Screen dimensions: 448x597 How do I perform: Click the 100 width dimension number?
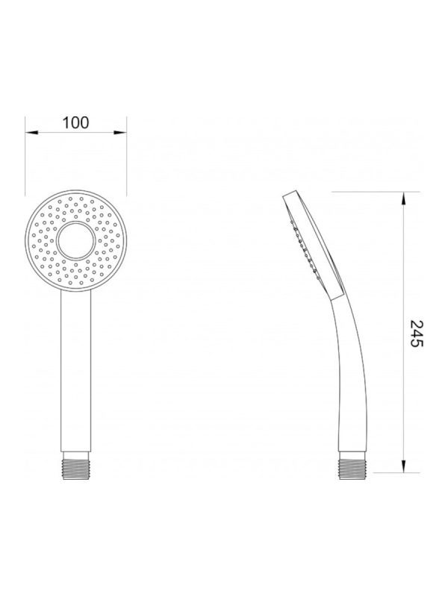click(x=75, y=122)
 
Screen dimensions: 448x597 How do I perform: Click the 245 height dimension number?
click(x=416, y=334)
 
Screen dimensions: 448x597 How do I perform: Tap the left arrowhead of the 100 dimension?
click(x=31, y=133)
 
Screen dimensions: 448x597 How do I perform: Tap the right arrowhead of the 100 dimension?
click(x=120, y=133)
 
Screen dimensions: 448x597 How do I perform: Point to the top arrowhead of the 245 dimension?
click(x=404, y=199)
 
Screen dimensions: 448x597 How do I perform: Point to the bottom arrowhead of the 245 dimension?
click(x=404, y=466)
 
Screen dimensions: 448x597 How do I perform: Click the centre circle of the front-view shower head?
click(x=76, y=240)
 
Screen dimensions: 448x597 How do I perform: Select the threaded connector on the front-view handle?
click(x=76, y=465)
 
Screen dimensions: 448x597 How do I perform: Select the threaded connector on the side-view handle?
click(x=352, y=465)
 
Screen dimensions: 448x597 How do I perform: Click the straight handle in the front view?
click(x=76, y=371)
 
